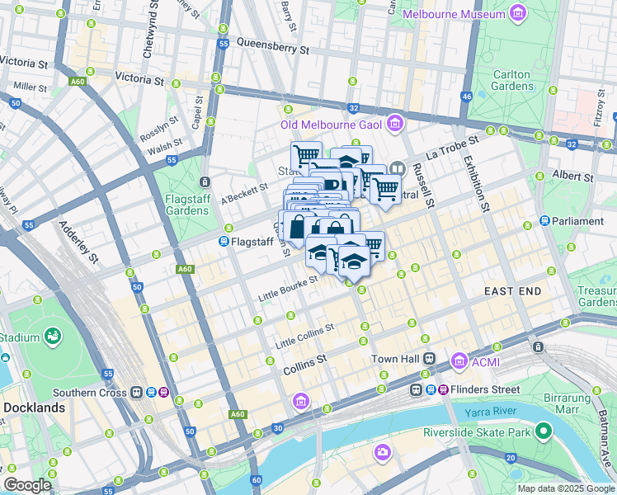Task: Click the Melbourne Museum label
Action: click(x=453, y=14)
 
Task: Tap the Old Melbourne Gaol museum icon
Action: click(x=395, y=125)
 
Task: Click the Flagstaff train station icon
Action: click(x=224, y=242)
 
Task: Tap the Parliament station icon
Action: click(x=545, y=221)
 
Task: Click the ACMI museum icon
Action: click(x=459, y=360)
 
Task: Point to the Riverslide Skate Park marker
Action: click(x=543, y=431)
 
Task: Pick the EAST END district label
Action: click(x=512, y=291)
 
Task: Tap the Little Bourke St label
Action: click(x=288, y=289)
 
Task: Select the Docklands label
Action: click(x=34, y=408)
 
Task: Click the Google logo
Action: click(x=27, y=485)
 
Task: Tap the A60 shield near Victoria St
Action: click(x=78, y=82)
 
